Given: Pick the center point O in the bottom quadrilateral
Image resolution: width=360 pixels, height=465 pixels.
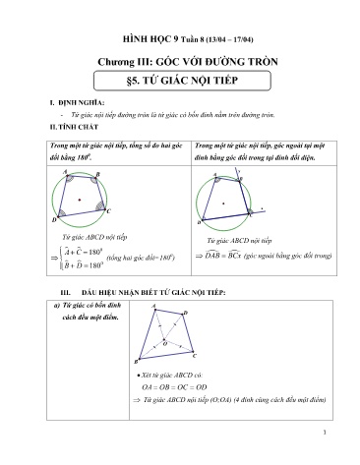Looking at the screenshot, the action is (x=164, y=341).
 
